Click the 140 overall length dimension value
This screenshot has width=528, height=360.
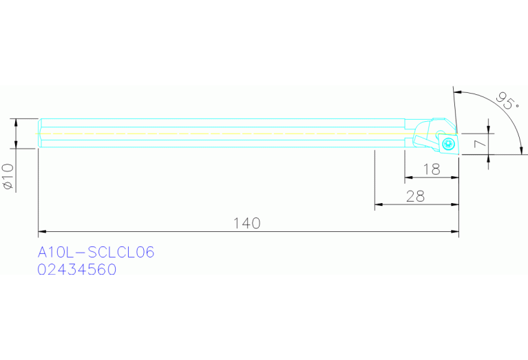[246, 223]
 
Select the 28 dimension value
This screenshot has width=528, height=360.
[414, 196]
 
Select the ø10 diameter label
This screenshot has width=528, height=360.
[8, 176]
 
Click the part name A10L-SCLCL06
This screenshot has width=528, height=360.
[96, 253]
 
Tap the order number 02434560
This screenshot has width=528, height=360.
[76, 270]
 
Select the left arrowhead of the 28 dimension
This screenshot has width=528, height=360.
[378, 204]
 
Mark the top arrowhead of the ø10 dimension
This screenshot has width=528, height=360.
[15, 122]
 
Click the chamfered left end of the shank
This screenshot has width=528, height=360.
[40, 132]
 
